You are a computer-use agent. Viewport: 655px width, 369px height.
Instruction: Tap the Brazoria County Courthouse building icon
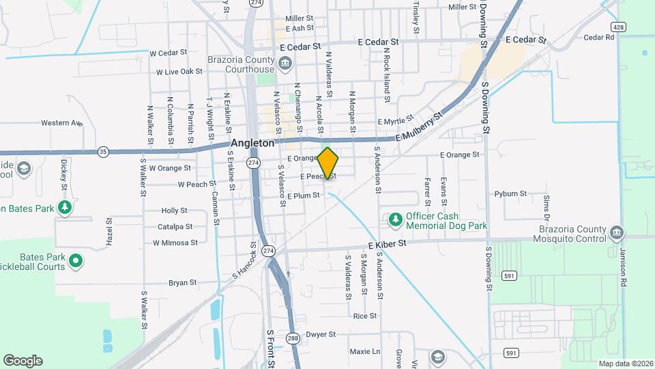(x=285, y=65)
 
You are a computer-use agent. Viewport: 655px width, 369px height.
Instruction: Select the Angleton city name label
(x=252, y=143)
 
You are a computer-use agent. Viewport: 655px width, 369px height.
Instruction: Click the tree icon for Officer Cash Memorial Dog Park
(x=395, y=219)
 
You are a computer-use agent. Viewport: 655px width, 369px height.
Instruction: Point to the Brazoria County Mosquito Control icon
(x=617, y=233)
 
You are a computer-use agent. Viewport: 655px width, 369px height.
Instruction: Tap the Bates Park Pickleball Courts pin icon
(x=76, y=261)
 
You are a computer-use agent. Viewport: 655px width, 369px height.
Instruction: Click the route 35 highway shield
(x=103, y=151)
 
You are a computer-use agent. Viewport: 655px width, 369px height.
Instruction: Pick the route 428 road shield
(x=618, y=26)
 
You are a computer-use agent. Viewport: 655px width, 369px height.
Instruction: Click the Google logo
(x=23, y=361)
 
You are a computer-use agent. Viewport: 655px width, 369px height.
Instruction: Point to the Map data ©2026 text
(x=624, y=364)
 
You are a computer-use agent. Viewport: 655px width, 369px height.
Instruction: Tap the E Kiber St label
(x=387, y=243)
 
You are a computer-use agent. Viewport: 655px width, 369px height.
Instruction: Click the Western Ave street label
(x=61, y=123)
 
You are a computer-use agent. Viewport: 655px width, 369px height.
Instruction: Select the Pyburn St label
(x=510, y=193)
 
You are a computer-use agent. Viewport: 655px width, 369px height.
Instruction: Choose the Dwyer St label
(x=321, y=334)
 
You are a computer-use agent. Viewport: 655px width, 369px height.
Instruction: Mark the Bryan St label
(x=182, y=282)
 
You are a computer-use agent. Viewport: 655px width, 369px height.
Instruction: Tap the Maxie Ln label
(x=364, y=351)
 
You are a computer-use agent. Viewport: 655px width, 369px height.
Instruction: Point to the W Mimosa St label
(x=175, y=242)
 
